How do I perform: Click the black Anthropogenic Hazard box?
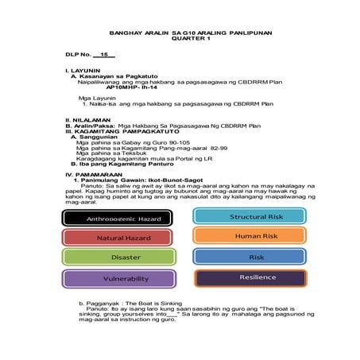118,218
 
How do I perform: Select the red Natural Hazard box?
118,238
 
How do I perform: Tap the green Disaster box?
118,257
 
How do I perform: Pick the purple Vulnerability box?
118,279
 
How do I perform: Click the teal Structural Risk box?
250,216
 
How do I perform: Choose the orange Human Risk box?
250,236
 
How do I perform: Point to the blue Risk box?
250,257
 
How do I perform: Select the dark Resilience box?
250,278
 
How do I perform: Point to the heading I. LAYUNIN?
83,71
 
